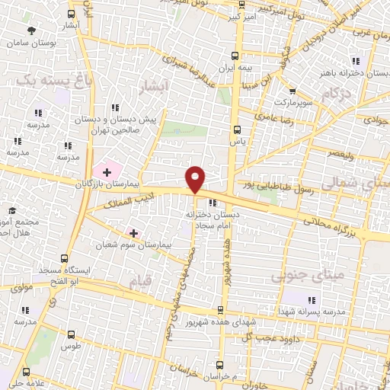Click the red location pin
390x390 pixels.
pos(196,179)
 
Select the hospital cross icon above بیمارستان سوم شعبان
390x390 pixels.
pos(134,232)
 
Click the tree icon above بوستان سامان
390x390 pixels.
pos(30,31)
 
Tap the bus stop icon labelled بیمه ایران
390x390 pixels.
pos(235,55)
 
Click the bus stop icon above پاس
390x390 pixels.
pos(237,129)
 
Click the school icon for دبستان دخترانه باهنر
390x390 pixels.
pos(355,61)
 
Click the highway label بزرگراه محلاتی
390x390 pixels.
pos(332,227)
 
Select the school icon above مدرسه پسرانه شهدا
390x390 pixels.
pos(311,298)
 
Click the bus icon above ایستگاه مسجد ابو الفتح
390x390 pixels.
pos(64,257)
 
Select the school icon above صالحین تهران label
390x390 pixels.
pos(115,108)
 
